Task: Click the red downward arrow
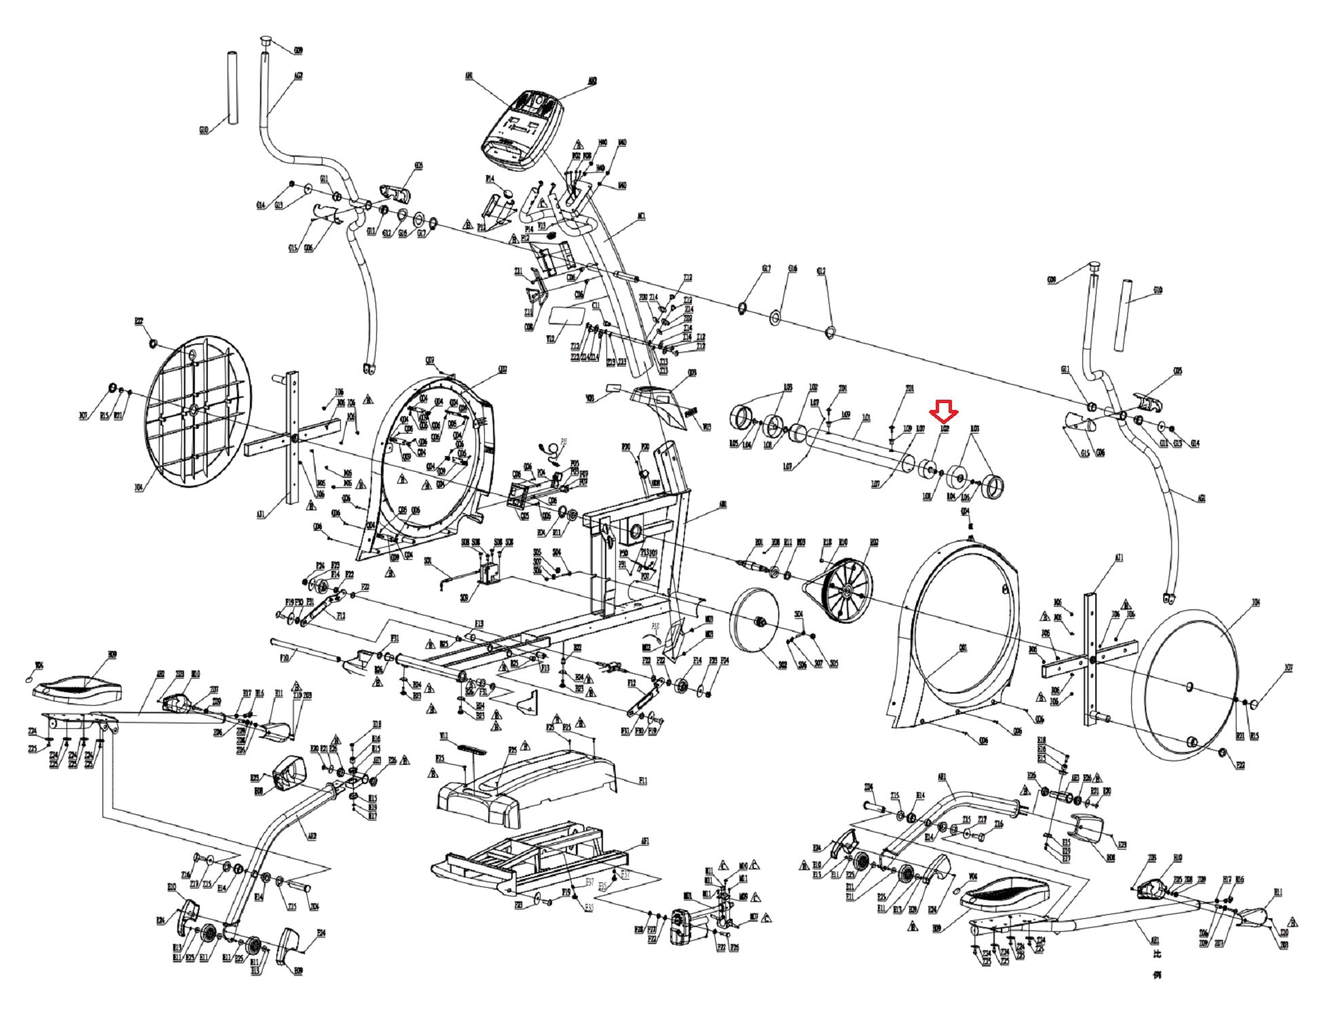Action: click(x=945, y=409)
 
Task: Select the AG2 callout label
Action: click(x=298, y=76)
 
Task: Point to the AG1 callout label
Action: click(x=1202, y=498)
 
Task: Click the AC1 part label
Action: click(x=641, y=216)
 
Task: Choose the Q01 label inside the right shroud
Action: click(x=963, y=647)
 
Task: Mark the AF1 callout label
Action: click(x=645, y=841)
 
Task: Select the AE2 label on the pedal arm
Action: click(x=312, y=837)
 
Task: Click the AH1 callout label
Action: click(x=1154, y=941)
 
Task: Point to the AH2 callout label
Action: click(x=160, y=675)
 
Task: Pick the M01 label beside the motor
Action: click(x=687, y=896)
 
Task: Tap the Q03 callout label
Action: click(x=692, y=373)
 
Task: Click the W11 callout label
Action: click(x=443, y=736)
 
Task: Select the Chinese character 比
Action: click(x=1158, y=954)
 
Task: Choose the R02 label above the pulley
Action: click(x=874, y=542)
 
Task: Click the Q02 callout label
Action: click(x=502, y=369)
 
